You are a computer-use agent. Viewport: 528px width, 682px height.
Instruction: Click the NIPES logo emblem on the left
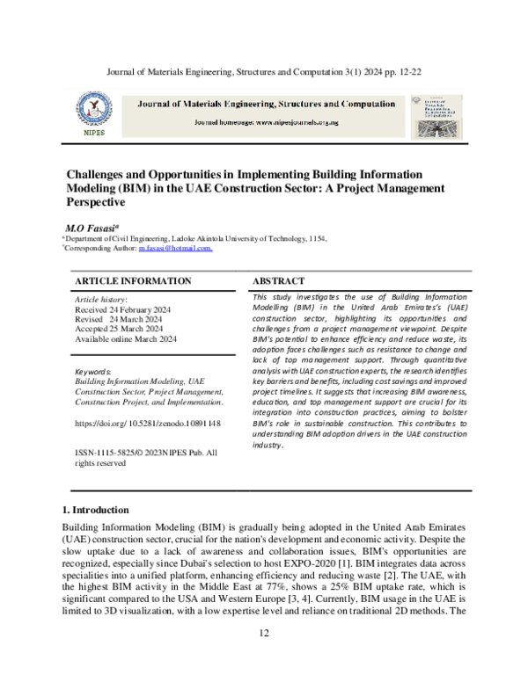[91, 111]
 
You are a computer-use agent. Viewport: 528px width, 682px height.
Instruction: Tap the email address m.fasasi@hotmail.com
[175, 249]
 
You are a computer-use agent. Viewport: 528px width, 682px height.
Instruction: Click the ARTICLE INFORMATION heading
[133, 281]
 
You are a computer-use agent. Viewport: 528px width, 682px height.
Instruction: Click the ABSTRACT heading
[279, 281]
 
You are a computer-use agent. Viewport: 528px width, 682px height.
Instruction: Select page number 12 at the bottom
[263, 658]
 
